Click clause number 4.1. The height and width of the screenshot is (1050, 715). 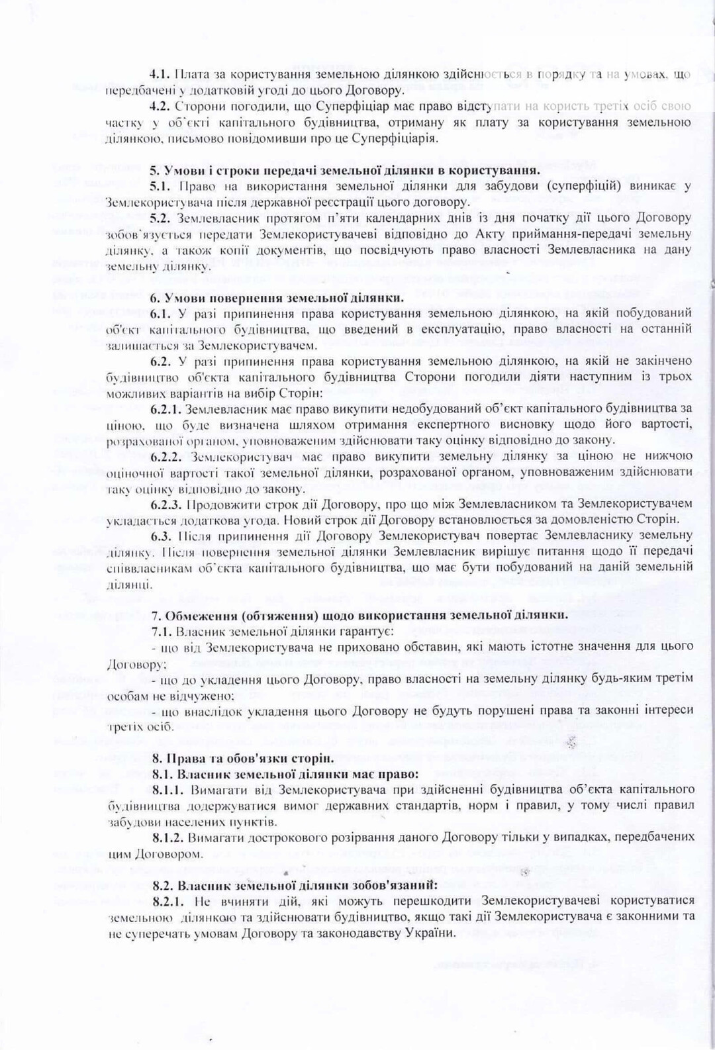[160, 74]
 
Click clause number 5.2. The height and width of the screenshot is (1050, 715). [160, 218]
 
